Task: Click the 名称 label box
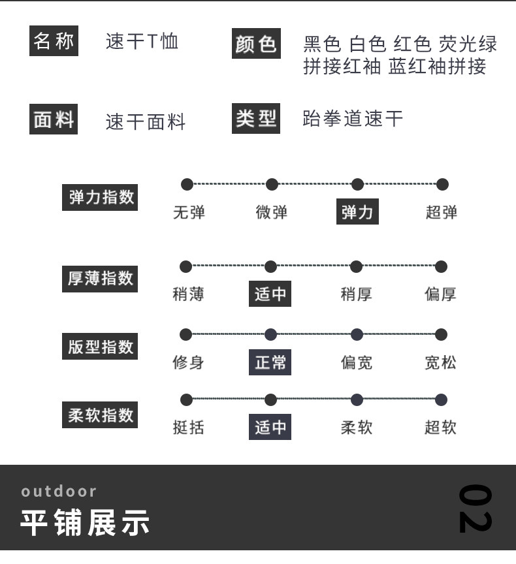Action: point(54,41)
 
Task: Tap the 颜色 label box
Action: point(256,44)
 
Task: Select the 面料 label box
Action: point(54,120)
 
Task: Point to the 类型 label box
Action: point(256,119)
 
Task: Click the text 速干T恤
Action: point(142,42)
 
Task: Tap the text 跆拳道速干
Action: point(353,119)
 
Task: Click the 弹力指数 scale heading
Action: point(101,196)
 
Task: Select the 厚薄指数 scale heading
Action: point(101,278)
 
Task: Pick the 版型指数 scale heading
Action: point(101,347)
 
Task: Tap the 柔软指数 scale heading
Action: point(101,415)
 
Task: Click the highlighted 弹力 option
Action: point(357,212)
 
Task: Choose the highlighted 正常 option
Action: point(270,362)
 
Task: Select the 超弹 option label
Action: point(442,212)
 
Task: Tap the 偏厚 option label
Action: point(440,294)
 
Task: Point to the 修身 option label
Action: point(188,362)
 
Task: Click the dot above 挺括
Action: point(186,399)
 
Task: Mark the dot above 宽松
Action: point(441,335)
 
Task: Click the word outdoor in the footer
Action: point(59,491)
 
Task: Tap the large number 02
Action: point(475,509)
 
